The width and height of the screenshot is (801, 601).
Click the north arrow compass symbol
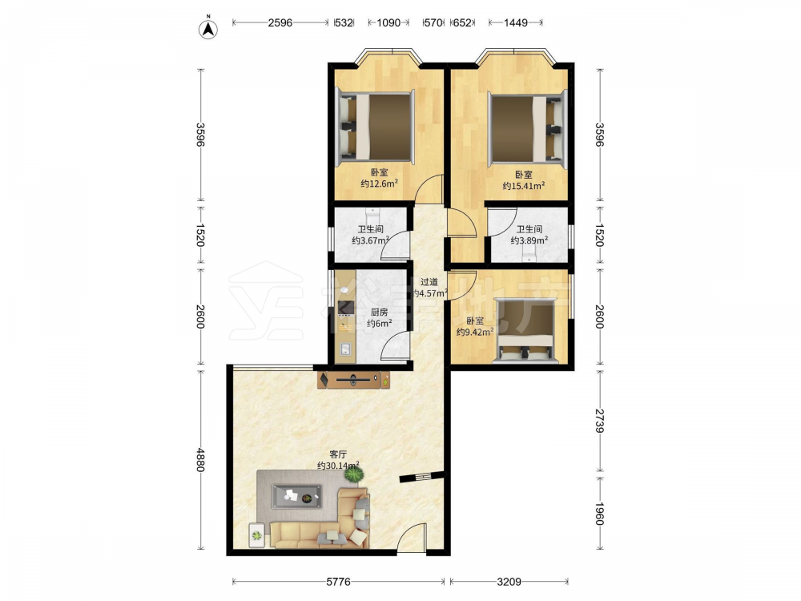[x=208, y=29]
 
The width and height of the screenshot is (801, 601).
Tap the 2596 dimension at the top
[x=280, y=22]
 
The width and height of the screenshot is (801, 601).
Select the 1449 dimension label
[x=515, y=22]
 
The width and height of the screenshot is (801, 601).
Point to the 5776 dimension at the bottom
[x=338, y=582]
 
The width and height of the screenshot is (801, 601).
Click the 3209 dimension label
[x=509, y=582]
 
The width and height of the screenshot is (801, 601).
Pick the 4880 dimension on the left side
[x=201, y=460]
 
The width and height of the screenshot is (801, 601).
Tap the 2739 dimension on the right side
[x=600, y=421]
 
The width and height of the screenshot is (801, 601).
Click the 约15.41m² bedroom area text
[x=524, y=186]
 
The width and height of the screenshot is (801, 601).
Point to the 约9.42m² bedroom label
[x=475, y=333]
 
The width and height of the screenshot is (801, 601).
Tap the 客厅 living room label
[x=338, y=454]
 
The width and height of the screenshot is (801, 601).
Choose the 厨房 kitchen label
[x=379, y=313]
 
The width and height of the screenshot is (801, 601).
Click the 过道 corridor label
[x=429, y=281]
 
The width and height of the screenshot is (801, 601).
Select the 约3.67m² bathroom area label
[x=371, y=240]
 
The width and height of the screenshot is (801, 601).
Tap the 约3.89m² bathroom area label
[x=529, y=240]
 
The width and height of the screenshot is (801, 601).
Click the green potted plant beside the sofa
[x=354, y=474]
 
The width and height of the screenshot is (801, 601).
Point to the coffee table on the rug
[x=297, y=495]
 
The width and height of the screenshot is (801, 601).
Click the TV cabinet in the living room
[x=353, y=380]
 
